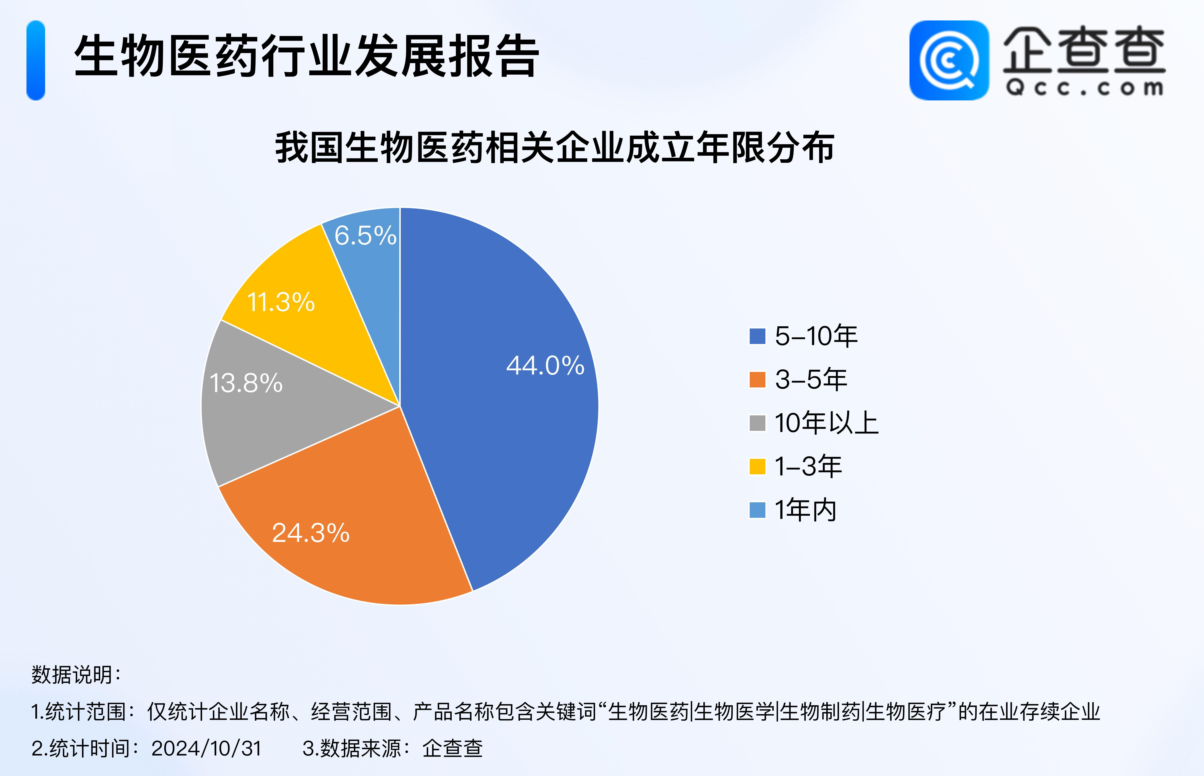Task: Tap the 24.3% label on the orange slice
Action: click(x=311, y=533)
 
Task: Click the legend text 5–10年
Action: click(x=816, y=336)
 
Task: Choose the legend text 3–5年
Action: click(x=811, y=379)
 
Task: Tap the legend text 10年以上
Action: click(x=826, y=423)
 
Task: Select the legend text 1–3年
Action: click(x=808, y=466)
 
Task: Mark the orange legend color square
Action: click(x=757, y=379)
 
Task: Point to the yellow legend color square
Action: click(x=757, y=466)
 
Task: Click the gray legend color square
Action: click(x=757, y=423)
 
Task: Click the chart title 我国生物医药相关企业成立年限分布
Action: click(x=554, y=148)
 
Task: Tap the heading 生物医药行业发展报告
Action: click(x=306, y=56)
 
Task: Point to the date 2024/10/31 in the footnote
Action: click(x=207, y=748)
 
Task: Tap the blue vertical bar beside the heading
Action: click(x=36, y=60)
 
